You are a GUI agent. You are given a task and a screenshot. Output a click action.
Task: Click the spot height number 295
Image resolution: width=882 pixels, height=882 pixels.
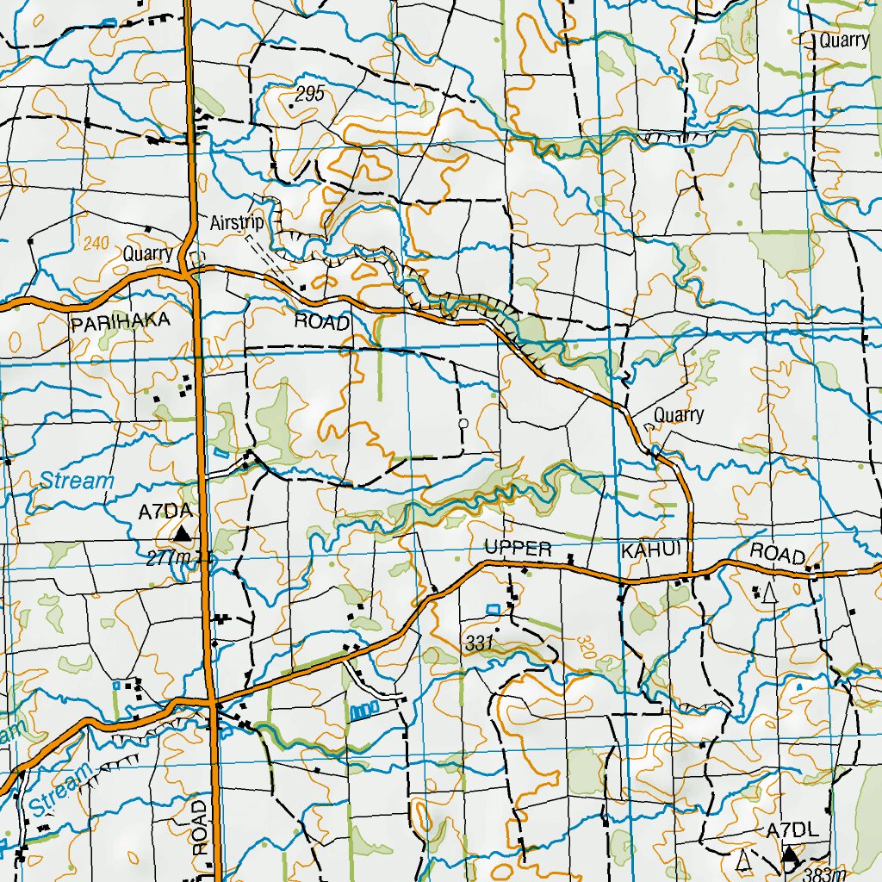(308, 95)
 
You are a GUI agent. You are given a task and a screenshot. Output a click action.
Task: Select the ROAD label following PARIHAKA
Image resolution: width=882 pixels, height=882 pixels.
(322, 322)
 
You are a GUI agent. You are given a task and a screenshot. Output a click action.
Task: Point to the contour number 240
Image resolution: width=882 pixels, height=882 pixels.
(96, 244)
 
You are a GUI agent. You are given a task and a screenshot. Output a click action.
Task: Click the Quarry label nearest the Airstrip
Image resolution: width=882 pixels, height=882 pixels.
(148, 254)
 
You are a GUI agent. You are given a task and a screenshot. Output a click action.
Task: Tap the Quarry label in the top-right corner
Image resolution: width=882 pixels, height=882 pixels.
(843, 40)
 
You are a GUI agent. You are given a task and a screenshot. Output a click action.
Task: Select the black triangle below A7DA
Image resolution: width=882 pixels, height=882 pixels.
(181, 534)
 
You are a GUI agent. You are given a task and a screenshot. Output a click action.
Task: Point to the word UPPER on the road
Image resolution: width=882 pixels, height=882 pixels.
(517, 548)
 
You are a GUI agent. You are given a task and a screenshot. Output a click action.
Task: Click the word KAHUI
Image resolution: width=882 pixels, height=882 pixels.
(650, 549)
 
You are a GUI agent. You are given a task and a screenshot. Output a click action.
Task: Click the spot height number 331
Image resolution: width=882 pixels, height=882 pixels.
(479, 643)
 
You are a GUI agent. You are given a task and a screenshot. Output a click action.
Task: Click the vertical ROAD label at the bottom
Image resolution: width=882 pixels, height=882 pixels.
(200, 827)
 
